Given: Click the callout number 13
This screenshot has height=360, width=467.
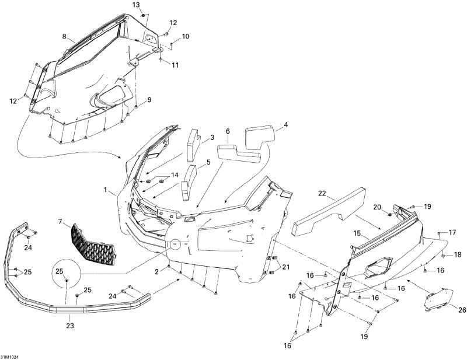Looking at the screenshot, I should click(x=136, y=5).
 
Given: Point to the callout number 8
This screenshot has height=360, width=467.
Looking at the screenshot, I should click(x=65, y=36).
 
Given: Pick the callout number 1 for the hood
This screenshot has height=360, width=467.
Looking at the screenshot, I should click(x=106, y=190).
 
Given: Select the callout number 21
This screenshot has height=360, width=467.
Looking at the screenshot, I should click(x=286, y=267).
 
